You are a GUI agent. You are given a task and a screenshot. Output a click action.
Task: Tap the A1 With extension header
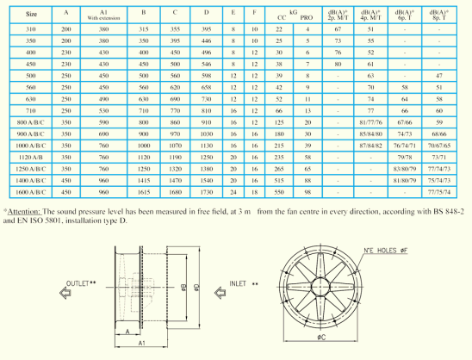[104, 15]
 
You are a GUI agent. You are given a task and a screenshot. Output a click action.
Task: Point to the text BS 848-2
[451, 211]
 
